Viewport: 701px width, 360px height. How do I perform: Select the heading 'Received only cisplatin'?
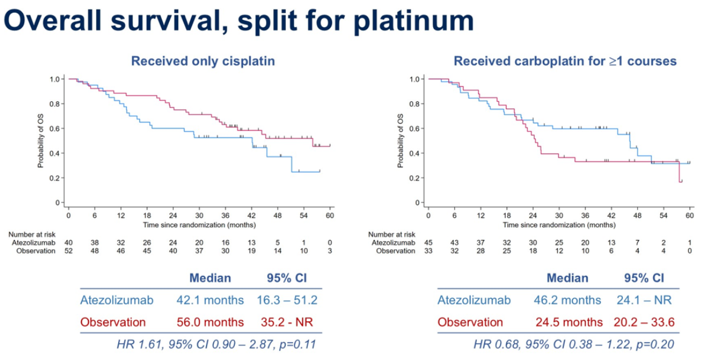tap(203, 61)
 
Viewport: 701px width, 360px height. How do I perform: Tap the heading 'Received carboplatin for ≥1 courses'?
tap(565, 61)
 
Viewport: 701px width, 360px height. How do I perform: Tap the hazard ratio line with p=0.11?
tap(216, 345)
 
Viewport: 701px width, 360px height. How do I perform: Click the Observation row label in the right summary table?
tap(470, 322)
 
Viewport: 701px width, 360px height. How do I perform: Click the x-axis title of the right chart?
tap(559, 224)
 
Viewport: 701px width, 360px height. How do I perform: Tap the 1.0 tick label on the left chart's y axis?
tap(55, 79)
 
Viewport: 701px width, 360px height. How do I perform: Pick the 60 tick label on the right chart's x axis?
tap(690, 215)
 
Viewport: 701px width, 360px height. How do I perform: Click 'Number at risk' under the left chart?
tap(32, 234)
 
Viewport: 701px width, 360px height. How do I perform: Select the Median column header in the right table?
tap(568, 278)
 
